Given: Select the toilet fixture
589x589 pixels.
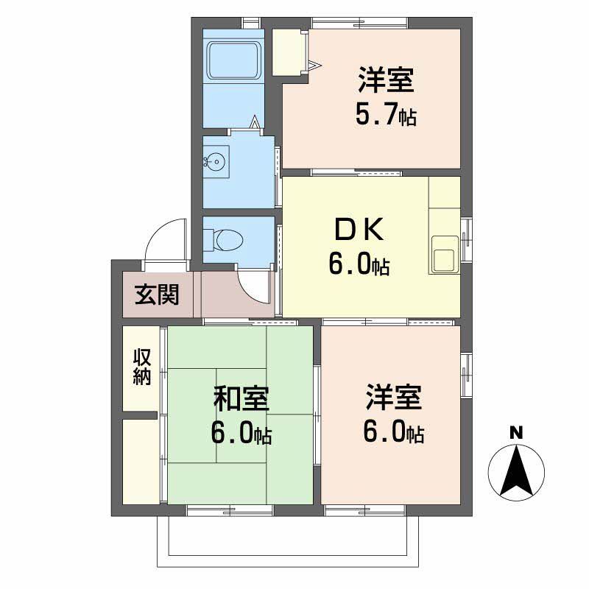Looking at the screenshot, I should pyautogui.click(x=224, y=239).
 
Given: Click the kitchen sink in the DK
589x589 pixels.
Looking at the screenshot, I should pyautogui.click(x=443, y=258).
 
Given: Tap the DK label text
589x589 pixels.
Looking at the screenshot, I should pyautogui.click(x=359, y=231).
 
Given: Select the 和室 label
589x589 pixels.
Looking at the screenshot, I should pyautogui.click(x=241, y=399).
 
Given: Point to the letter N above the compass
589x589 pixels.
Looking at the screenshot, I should pyautogui.click(x=517, y=433).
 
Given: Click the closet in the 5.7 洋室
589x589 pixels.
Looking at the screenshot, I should pyautogui.click(x=288, y=52).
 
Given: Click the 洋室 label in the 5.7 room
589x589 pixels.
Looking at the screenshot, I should pyautogui.click(x=387, y=80).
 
